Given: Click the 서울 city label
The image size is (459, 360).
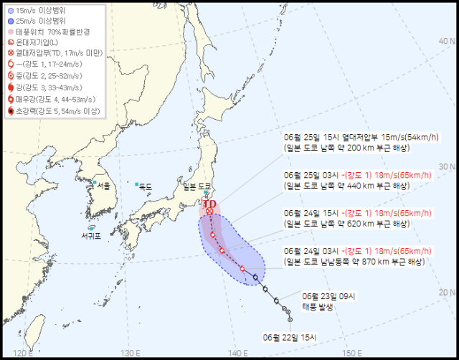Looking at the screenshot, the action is pyautogui.click(x=103, y=186).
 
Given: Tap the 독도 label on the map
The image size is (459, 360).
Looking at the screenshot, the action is pyautogui.click(x=145, y=186).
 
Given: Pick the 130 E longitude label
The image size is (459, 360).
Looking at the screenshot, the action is pyautogui.click(x=130, y=352).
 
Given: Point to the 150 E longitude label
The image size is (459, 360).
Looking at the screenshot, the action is pyautogui.click(x=351, y=352).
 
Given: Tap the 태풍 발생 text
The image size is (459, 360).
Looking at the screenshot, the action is pyautogui.click(x=318, y=305).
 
